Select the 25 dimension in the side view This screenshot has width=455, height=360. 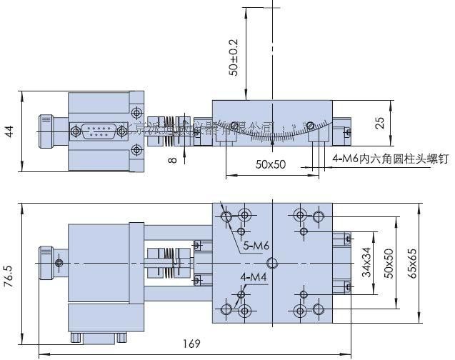tap(380, 123)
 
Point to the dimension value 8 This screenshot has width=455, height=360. tap(172, 160)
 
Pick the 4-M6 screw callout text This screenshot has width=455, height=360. tap(389, 160)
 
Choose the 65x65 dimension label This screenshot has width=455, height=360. tap(431, 264)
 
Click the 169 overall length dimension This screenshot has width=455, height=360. tap(191, 344)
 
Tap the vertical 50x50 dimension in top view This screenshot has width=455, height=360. tap(389, 264)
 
